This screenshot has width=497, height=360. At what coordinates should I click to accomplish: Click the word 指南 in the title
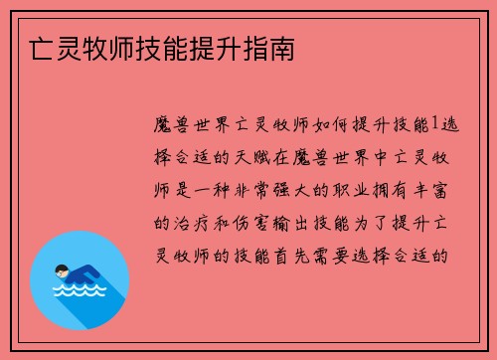(x=269, y=48)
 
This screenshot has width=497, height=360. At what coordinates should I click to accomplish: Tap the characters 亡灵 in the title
(x=43, y=48)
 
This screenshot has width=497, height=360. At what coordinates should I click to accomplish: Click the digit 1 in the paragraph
(x=431, y=125)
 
